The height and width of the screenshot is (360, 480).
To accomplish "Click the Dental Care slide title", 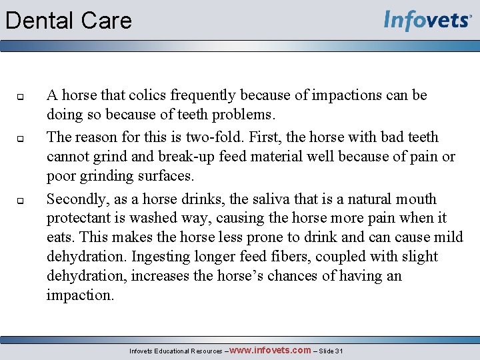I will pos(69,21).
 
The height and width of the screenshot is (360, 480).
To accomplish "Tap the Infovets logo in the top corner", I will pos(427,20).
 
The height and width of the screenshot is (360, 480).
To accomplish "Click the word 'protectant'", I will pos(78,219).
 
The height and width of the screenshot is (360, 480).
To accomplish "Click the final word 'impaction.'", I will pos(80,295).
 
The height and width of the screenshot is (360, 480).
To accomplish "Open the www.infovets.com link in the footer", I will pos(271,350).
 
